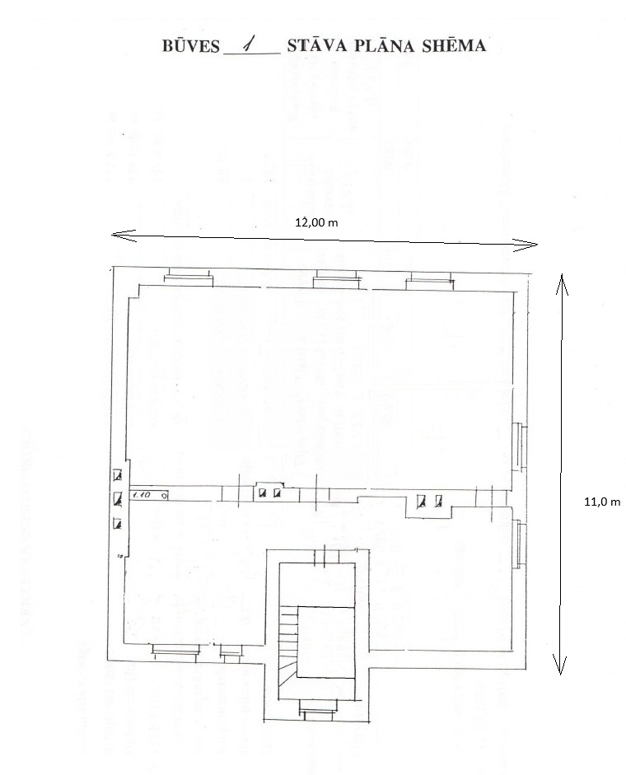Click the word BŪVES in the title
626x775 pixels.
tap(191, 47)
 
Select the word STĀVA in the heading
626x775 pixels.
tap(315, 46)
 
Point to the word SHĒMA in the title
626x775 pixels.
tap(453, 46)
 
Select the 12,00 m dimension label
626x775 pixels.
tap(317, 222)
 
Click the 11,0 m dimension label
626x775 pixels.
tap(601, 501)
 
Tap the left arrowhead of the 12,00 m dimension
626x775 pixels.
tap(116, 236)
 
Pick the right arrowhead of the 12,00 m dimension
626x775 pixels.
tap(532, 244)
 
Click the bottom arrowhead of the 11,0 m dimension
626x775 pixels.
tap(561, 669)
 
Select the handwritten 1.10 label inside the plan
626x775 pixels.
tap(141, 496)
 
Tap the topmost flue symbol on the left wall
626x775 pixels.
tap(118, 474)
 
